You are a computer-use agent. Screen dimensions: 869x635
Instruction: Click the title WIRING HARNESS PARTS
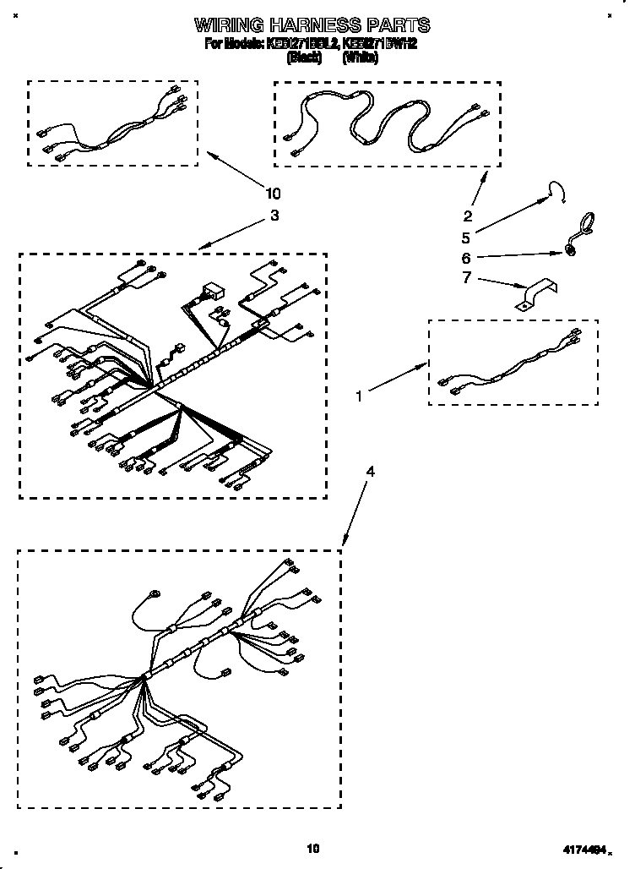coord(312,25)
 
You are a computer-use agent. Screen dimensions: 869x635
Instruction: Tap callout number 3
coord(274,216)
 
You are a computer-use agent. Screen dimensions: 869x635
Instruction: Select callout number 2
coord(467,215)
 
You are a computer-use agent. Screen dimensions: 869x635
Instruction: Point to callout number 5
coord(466,238)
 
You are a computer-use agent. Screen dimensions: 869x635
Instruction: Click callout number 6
coord(466,258)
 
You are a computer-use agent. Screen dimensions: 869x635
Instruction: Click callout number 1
coord(360,394)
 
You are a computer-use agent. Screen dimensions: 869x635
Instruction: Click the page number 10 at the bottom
coord(313,847)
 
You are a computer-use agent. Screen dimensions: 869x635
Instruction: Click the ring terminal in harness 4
coord(154,595)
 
